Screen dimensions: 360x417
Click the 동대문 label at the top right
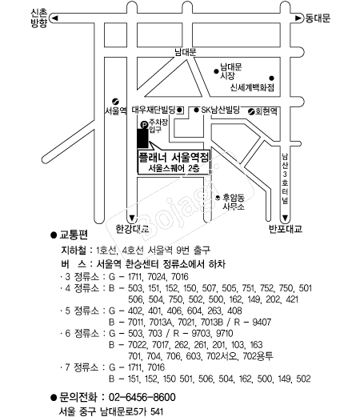[x=318, y=18]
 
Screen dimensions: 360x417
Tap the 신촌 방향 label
[x=39, y=18]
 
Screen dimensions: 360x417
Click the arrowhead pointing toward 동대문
[x=298, y=18]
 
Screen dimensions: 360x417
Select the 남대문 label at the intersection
[x=186, y=52]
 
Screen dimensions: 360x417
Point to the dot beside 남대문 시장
[x=216, y=71]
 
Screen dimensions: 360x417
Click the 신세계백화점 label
[x=252, y=87]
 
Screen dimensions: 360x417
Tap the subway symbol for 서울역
[x=115, y=102]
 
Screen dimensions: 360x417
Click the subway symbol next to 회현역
[x=251, y=111]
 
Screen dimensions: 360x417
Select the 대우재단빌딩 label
[x=154, y=110]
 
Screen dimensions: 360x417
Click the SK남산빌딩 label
[x=220, y=110]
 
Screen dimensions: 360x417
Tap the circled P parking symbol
[x=144, y=125]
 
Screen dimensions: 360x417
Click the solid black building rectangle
[x=142, y=138]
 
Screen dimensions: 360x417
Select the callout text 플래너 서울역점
[x=174, y=157]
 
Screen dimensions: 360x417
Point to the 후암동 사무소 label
[x=234, y=202]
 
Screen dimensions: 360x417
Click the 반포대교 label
[x=286, y=229]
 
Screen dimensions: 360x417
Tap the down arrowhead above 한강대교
[x=132, y=218]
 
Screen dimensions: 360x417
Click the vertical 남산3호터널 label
[x=285, y=178]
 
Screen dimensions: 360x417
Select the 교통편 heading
[x=74, y=235]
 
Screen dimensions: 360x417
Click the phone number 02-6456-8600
[x=142, y=397]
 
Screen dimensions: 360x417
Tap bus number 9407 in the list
[x=262, y=322]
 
